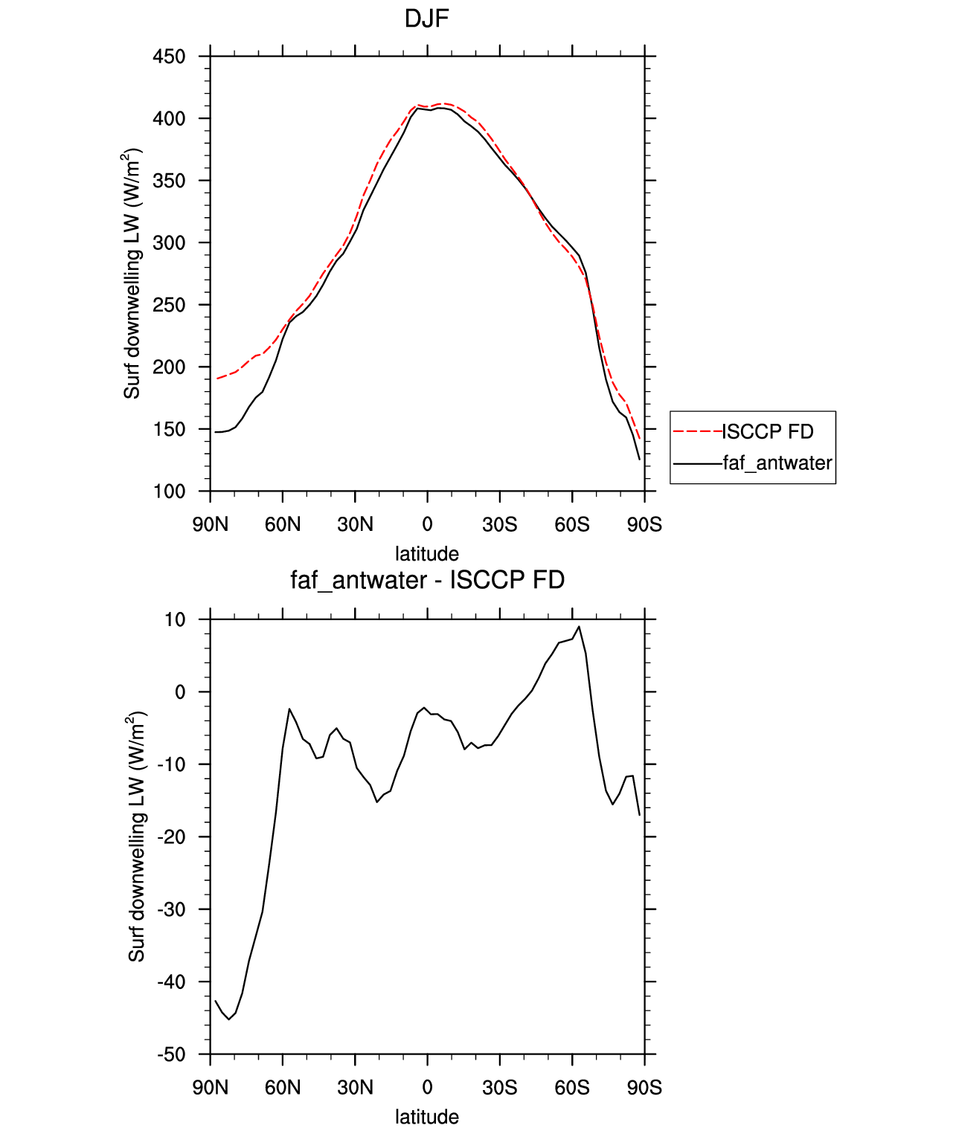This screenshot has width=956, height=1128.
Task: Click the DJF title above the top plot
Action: click(x=426, y=19)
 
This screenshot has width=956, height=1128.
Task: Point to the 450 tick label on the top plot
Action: click(x=169, y=57)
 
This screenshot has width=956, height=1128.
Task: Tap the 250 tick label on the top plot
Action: click(x=169, y=305)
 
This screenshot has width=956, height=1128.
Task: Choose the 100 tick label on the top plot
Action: click(x=169, y=492)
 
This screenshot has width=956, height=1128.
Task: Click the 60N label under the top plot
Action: click(x=283, y=524)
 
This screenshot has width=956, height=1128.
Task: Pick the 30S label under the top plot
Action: click(x=499, y=524)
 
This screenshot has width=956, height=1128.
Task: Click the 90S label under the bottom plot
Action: click(x=644, y=1088)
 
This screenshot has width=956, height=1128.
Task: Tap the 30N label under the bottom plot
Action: click(x=355, y=1088)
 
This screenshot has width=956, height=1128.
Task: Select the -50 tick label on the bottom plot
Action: click(x=171, y=1054)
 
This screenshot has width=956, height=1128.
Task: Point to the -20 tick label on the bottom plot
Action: click(x=171, y=837)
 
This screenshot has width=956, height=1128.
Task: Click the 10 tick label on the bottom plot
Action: click(x=176, y=619)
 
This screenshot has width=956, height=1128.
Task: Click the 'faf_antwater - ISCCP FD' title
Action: click(x=427, y=579)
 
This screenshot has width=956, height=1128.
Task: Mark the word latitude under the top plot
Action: click(x=427, y=553)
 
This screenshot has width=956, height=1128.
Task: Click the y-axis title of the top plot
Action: click(x=132, y=274)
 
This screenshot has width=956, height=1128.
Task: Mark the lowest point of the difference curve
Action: click(x=229, y=1019)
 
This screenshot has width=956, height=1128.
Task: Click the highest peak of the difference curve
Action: click(x=580, y=626)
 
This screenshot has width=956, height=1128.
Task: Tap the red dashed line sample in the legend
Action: click(x=697, y=432)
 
